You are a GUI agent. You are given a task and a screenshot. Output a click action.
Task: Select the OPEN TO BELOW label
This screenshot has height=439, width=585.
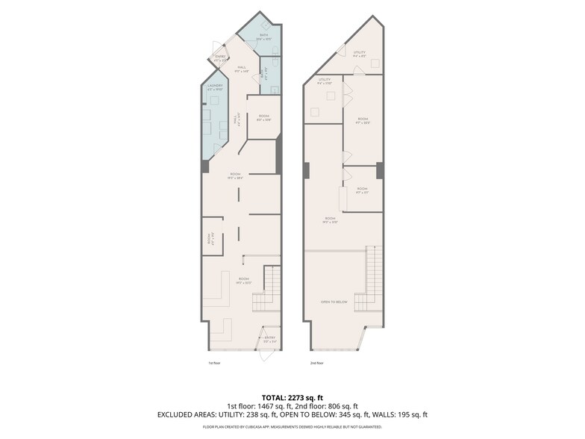pos(334,302)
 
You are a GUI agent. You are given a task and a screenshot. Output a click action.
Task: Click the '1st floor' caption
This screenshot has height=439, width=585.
pos(215,363)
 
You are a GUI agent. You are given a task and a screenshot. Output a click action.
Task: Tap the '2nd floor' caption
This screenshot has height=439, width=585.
pos(316,363)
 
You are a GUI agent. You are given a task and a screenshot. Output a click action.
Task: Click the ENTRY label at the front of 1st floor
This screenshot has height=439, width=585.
pos(269,338)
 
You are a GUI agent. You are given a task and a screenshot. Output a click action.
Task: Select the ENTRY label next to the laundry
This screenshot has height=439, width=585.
pos(220,57)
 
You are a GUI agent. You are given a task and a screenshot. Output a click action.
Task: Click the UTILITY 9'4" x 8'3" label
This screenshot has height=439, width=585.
pos(360,53)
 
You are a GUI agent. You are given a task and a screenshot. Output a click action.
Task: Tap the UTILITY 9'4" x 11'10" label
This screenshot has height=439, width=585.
pos(324,81)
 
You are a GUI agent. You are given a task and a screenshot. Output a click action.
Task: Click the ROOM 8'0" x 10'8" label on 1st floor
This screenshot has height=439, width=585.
pos(264,117)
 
